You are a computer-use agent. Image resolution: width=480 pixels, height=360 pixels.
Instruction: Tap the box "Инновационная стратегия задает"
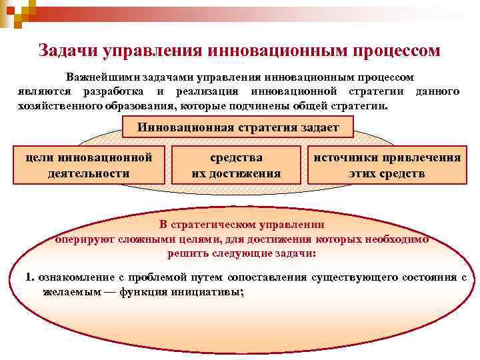tap(239, 127)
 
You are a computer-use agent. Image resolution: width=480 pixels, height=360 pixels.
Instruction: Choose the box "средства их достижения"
tap(236, 165)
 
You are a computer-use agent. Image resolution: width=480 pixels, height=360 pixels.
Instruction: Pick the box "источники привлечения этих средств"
tap(387, 165)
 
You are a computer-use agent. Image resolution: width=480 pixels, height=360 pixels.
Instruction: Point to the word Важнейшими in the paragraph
tap(99, 78)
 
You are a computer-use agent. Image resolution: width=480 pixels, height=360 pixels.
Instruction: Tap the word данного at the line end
tap(437, 91)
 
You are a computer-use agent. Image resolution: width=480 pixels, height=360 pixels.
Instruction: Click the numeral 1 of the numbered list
tap(29, 277)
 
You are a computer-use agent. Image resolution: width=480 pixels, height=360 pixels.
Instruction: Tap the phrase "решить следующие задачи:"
tap(242, 253)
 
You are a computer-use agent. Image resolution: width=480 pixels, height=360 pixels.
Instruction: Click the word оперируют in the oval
tap(81, 239)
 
